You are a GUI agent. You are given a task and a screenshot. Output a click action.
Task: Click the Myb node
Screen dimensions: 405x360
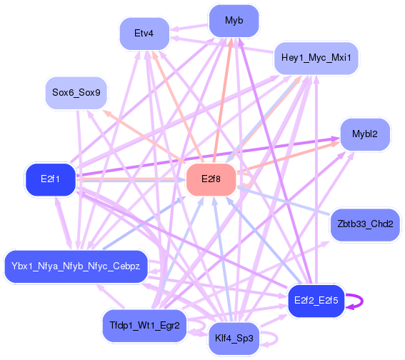pyautogui.click(x=234, y=21)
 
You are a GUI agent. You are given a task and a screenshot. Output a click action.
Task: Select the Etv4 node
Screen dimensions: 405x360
pyautogui.click(x=144, y=34)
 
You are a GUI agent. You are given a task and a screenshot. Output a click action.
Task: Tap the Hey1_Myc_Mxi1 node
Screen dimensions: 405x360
pyautogui.click(x=316, y=58)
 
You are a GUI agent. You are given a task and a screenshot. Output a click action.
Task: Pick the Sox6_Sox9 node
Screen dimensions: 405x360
pyautogui.click(x=76, y=93)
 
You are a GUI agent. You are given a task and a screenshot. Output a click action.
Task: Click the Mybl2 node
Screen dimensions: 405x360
pyautogui.click(x=365, y=134)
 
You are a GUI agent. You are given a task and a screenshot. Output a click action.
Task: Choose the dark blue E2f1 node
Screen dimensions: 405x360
pyautogui.click(x=51, y=179)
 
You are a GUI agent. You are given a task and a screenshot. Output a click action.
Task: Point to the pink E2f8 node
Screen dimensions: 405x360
pyautogui.click(x=211, y=179)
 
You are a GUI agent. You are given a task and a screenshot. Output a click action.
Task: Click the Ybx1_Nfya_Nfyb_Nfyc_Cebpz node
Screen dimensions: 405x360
pyautogui.click(x=76, y=266)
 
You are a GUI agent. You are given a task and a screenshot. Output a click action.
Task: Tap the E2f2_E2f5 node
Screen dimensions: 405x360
pyautogui.click(x=316, y=301)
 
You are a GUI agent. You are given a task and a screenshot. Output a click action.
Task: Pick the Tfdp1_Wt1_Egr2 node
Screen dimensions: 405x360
pyautogui.click(x=144, y=326)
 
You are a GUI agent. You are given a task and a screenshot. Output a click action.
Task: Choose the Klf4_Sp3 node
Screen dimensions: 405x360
pyautogui.click(x=234, y=339)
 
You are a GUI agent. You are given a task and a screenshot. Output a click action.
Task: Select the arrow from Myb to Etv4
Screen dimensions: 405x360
pyautogui.click(x=189, y=27)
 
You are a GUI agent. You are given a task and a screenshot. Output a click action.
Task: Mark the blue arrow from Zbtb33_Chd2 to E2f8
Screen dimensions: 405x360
pyautogui.click(x=284, y=201)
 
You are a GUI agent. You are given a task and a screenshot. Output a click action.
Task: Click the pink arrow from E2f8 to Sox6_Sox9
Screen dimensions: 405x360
pyautogui.click(x=144, y=136)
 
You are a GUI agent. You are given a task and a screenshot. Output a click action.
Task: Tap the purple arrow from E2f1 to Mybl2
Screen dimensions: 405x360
pyautogui.click(x=208, y=157)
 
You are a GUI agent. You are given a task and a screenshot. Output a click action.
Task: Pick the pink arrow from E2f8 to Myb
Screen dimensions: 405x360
pyautogui.click(x=223, y=101)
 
